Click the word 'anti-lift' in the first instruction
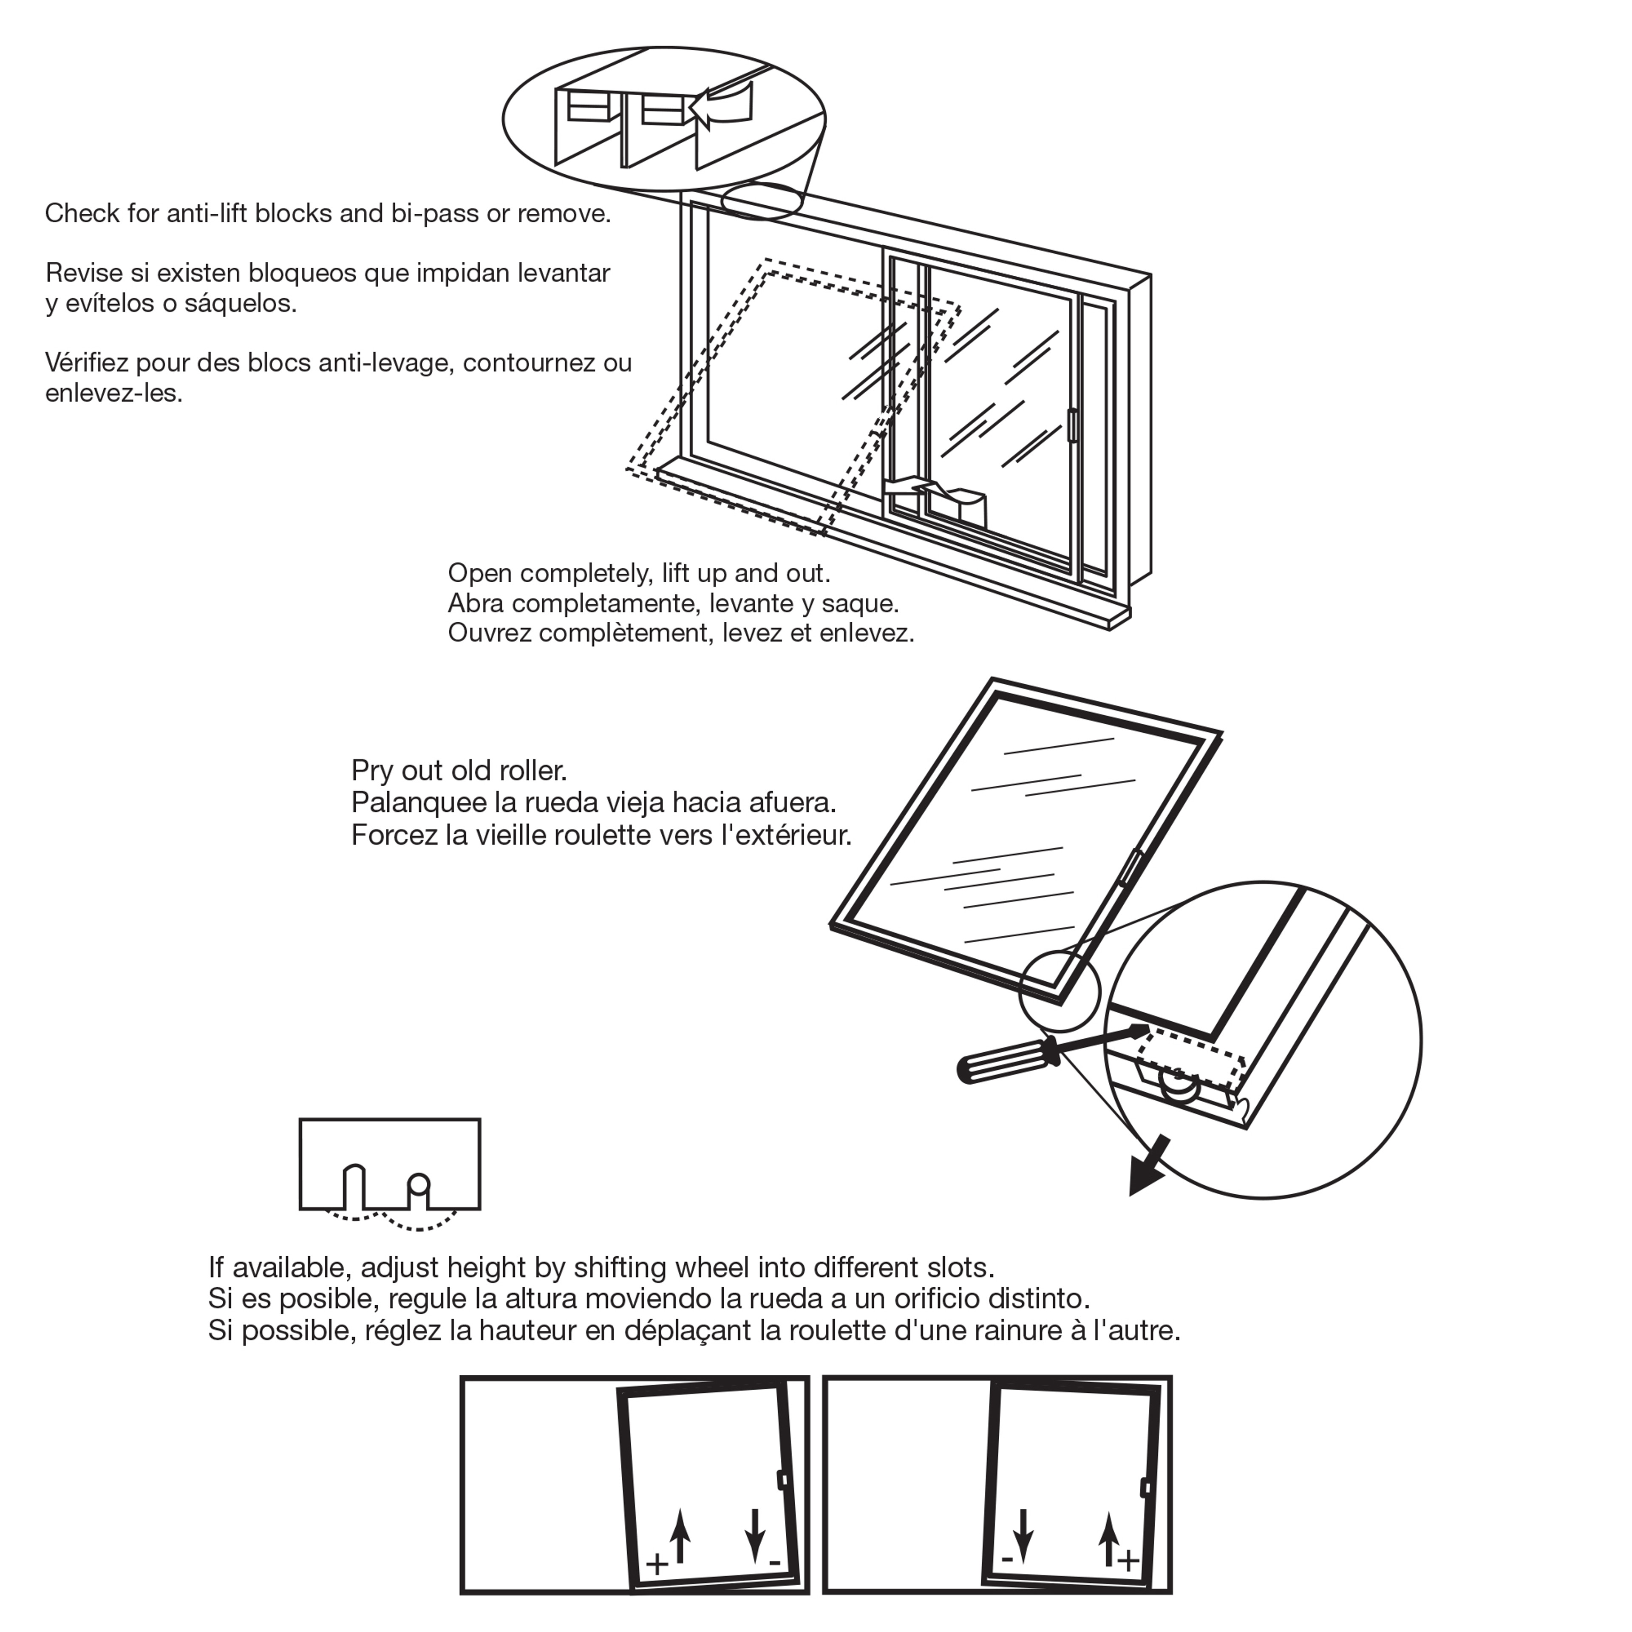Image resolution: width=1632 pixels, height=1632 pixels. (x=206, y=214)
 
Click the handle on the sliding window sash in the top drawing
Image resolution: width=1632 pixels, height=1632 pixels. (x=1072, y=425)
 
